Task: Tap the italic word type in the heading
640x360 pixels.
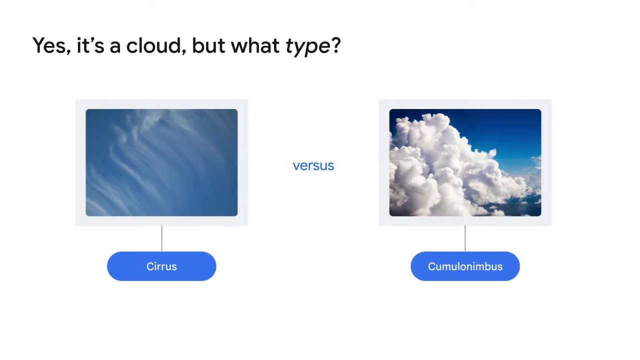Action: [307, 46]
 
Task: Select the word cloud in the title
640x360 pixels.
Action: [153, 45]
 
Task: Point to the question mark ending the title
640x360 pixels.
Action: [335, 45]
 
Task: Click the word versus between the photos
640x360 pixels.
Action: [313, 165]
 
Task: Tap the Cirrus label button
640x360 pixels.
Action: [161, 266]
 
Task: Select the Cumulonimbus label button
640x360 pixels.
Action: [465, 266]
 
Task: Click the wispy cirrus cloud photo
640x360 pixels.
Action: [161, 162]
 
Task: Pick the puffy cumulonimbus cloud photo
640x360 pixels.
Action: [465, 162]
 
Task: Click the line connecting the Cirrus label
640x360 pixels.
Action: [161, 239]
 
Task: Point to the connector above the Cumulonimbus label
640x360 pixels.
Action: [465, 239]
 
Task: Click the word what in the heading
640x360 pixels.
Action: [255, 45]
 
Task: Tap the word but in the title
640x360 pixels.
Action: [208, 45]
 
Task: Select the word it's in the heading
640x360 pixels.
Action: [90, 45]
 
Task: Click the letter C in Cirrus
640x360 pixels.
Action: [150, 266]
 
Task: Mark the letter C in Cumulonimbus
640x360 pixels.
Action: [431, 266]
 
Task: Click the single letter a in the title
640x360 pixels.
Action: [115, 47]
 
